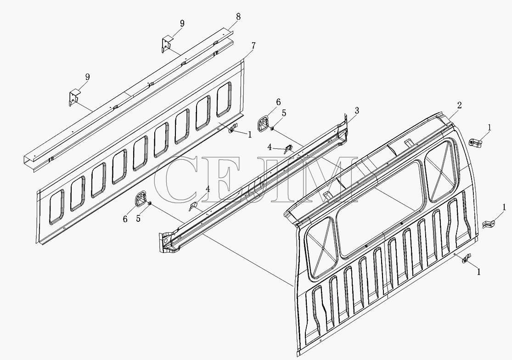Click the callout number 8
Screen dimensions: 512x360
click(x=238, y=17)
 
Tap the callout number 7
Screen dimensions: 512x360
click(x=254, y=46)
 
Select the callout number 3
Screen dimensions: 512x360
click(x=357, y=110)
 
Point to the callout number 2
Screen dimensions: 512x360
click(x=460, y=105)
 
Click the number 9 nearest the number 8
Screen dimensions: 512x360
click(x=182, y=23)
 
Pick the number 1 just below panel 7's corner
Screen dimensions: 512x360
click(x=250, y=135)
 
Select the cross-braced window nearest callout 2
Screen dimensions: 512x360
click(x=440, y=171)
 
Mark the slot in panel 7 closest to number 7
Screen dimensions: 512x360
click(x=224, y=99)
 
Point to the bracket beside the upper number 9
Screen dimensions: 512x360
click(x=167, y=44)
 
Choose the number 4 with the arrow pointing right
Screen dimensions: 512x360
click(x=270, y=147)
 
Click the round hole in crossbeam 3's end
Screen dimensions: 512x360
click(x=165, y=241)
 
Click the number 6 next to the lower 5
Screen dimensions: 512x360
click(x=125, y=219)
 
